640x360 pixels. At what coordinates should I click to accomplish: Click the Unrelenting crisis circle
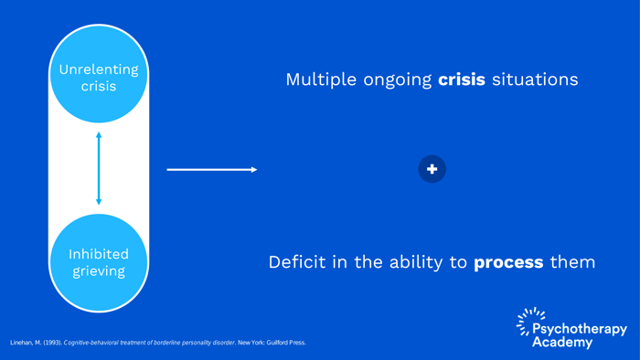coord(99,78)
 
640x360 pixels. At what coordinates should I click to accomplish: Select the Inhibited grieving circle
coord(99,262)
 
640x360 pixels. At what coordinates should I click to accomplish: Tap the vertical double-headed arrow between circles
coord(99,169)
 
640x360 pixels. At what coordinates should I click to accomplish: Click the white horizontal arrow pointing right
coord(211,169)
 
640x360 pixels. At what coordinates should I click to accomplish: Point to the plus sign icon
coord(432,169)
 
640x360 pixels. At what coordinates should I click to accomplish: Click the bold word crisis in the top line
coord(462,79)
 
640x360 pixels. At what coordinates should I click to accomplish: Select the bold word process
coord(508,262)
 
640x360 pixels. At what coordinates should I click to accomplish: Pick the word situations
coord(535,79)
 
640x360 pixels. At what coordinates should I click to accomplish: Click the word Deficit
coord(295,262)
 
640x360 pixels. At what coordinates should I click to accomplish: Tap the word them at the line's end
coord(572,262)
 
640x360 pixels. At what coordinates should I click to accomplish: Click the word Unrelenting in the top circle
coord(99,69)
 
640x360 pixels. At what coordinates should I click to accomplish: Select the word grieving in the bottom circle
coord(99,271)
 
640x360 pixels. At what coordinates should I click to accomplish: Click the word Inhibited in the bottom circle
coord(99,254)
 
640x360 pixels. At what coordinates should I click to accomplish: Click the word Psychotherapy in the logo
coord(580,329)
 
